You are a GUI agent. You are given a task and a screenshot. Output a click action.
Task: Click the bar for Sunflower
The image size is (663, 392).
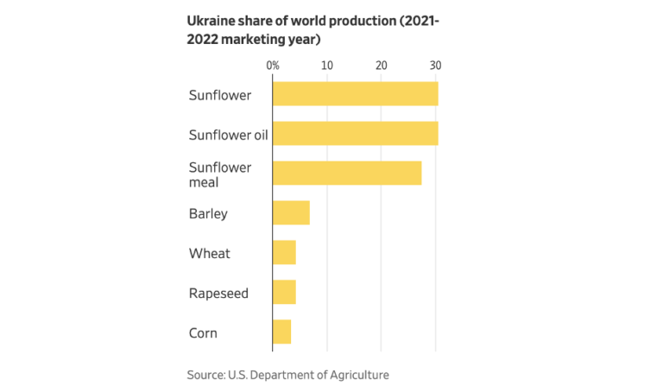355,93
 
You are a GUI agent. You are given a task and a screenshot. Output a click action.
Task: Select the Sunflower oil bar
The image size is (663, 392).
355,133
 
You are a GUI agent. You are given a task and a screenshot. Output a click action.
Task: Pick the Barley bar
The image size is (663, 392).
291,212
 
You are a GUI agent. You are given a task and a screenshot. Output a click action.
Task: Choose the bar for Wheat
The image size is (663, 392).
284,252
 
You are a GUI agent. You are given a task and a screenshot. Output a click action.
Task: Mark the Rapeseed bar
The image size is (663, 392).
284,292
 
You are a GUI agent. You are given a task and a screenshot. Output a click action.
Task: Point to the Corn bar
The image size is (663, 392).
281,332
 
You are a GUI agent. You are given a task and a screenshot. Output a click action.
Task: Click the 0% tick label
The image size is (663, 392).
272,65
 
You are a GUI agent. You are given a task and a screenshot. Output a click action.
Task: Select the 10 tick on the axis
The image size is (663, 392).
326,65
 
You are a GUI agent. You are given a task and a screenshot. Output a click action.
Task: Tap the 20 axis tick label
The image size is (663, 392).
381,65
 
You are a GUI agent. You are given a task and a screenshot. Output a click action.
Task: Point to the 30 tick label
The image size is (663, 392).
435,65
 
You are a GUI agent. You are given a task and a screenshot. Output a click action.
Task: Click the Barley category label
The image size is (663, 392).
208,213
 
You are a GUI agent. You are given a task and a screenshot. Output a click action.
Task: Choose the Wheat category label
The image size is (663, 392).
209,253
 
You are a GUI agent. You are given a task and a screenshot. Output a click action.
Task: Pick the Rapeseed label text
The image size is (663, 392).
218,294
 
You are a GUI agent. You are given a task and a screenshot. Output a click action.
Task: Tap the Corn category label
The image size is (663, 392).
203,332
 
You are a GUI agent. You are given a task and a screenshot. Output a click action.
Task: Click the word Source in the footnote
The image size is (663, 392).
205,375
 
